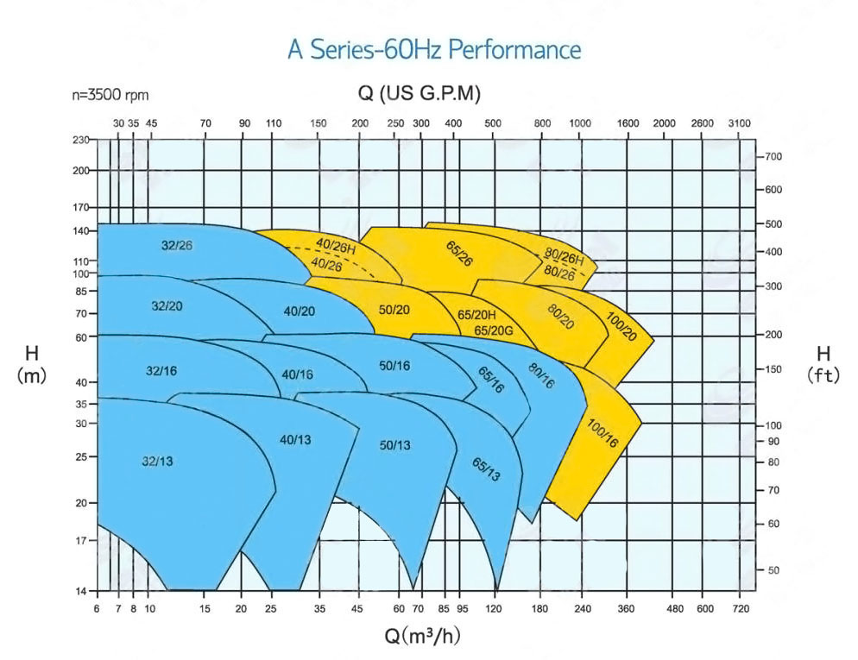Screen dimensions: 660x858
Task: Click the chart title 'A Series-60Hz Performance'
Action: tap(434, 49)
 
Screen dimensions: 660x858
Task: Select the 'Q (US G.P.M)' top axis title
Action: tap(419, 93)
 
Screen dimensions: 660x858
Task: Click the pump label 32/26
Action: tap(177, 246)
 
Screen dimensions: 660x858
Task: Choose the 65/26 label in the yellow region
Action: tap(459, 255)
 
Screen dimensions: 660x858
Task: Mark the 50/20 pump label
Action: tap(394, 310)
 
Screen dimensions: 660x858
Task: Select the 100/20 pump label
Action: tap(621, 326)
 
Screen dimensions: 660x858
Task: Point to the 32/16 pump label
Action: tap(161, 370)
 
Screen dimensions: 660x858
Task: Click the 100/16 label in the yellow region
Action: tap(602, 431)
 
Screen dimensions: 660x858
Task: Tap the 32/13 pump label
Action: tap(157, 462)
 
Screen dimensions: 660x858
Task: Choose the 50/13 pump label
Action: tap(395, 445)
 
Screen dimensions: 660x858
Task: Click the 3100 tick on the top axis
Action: tap(740, 123)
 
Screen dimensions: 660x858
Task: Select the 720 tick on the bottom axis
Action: tap(740, 609)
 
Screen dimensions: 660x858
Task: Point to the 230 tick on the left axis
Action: tap(81, 140)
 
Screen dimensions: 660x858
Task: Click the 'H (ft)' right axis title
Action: tap(823, 363)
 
